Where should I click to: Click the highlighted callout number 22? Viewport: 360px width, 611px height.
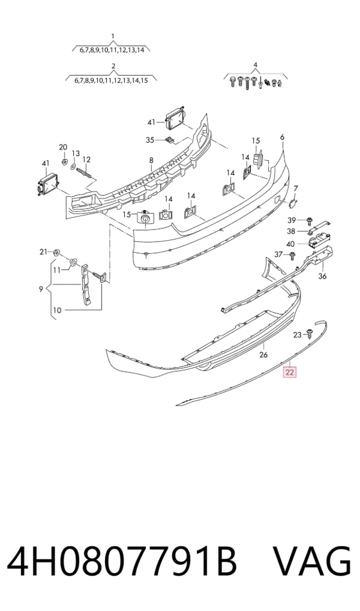290,372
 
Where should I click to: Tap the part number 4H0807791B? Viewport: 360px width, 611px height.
122,562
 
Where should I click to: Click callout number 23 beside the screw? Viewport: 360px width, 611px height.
297,334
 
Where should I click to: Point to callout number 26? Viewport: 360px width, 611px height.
263,355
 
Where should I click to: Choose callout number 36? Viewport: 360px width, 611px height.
322,276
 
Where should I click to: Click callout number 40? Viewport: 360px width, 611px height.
290,244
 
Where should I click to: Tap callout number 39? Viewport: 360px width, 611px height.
292,220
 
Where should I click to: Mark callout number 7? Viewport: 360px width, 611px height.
296,188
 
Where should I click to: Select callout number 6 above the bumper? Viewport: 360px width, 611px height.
282,137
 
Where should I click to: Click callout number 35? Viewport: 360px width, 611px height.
150,140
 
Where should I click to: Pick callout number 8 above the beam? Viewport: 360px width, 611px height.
151,160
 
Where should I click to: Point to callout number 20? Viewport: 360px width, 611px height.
63,147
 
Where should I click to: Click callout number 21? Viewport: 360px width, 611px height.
43,251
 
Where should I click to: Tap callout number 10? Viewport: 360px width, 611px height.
57,310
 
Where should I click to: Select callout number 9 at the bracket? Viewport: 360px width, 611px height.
41,289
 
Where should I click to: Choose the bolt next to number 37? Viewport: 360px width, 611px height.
293,256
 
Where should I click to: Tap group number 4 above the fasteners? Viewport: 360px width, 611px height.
255,65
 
